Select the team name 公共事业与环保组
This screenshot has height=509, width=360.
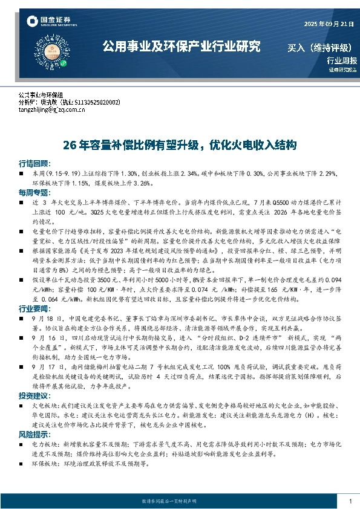45,96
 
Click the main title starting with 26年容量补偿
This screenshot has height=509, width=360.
180,145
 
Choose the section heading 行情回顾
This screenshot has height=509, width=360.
33,164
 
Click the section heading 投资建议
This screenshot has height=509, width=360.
33,395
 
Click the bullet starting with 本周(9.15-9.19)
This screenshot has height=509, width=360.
182,177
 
